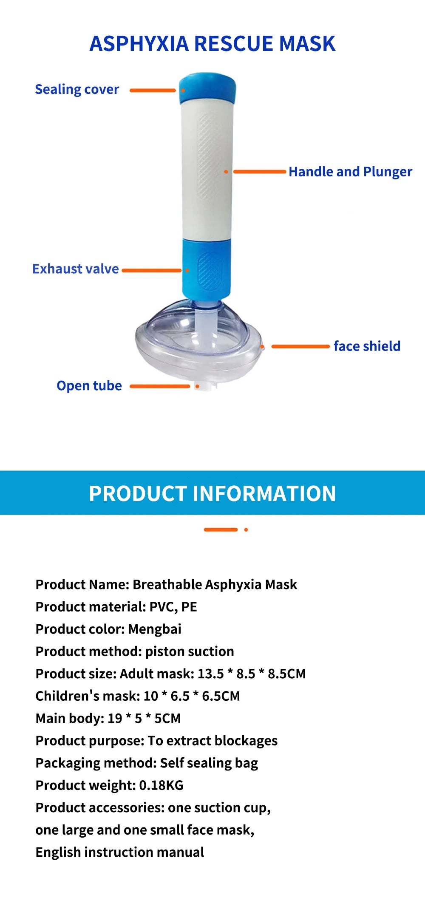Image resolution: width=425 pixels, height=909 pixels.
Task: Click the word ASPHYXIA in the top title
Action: (x=139, y=44)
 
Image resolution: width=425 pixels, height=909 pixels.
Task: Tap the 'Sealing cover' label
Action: (x=77, y=90)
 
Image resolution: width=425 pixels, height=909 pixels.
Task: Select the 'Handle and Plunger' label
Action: (x=350, y=172)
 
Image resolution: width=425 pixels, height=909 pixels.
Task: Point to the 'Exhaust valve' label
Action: (x=76, y=269)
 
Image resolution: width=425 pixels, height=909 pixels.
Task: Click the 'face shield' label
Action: (x=367, y=346)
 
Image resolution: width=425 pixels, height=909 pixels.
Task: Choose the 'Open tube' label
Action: (x=89, y=386)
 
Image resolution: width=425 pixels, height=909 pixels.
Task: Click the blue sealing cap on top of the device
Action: (x=207, y=88)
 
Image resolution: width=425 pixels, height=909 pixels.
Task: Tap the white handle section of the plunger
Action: (x=207, y=170)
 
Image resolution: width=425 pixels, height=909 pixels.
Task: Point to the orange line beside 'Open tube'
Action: (x=159, y=386)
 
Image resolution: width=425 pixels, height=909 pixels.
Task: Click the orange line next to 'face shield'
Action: (x=300, y=346)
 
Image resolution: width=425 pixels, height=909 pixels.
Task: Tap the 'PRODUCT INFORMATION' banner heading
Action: (x=212, y=493)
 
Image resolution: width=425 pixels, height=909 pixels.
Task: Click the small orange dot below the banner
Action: (x=246, y=530)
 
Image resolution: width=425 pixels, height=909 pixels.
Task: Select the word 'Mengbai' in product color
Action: (x=155, y=629)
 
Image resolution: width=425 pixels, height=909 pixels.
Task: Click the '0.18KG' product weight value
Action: (x=161, y=785)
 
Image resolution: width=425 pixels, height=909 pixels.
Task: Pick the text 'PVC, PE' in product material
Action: (x=173, y=607)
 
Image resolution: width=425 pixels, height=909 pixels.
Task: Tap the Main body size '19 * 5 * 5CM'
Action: (x=144, y=718)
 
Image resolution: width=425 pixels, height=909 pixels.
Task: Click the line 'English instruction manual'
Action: (x=120, y=852)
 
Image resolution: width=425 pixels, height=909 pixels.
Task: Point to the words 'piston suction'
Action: (x=190, y=651)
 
